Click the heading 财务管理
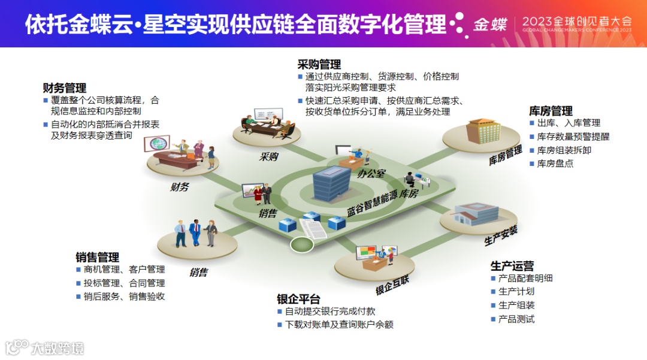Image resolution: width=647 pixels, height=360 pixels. (64, 88)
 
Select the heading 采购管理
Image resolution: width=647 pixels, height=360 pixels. (319, 64)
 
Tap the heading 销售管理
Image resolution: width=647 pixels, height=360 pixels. (97, 257)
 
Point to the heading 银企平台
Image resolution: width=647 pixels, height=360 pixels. (298, 299)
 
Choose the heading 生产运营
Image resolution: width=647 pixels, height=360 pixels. (512, 265)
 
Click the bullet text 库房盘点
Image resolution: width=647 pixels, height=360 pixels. (555, 163)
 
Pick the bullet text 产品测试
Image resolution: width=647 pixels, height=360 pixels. (516, 319)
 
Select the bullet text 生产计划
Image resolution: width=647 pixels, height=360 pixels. (516, 292)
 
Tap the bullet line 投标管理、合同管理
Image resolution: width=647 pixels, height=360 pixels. (124, 283)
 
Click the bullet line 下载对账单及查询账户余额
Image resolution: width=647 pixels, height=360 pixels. (339, 324)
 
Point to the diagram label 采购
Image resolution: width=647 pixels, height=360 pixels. (268, 157)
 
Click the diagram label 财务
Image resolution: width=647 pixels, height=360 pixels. (179, 187)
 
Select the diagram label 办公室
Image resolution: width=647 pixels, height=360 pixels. (371, 173)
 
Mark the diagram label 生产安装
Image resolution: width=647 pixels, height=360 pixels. (500, 235)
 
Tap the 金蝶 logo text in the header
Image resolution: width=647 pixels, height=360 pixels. (490, 25)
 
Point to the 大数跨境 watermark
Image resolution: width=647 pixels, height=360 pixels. (58, 347)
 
